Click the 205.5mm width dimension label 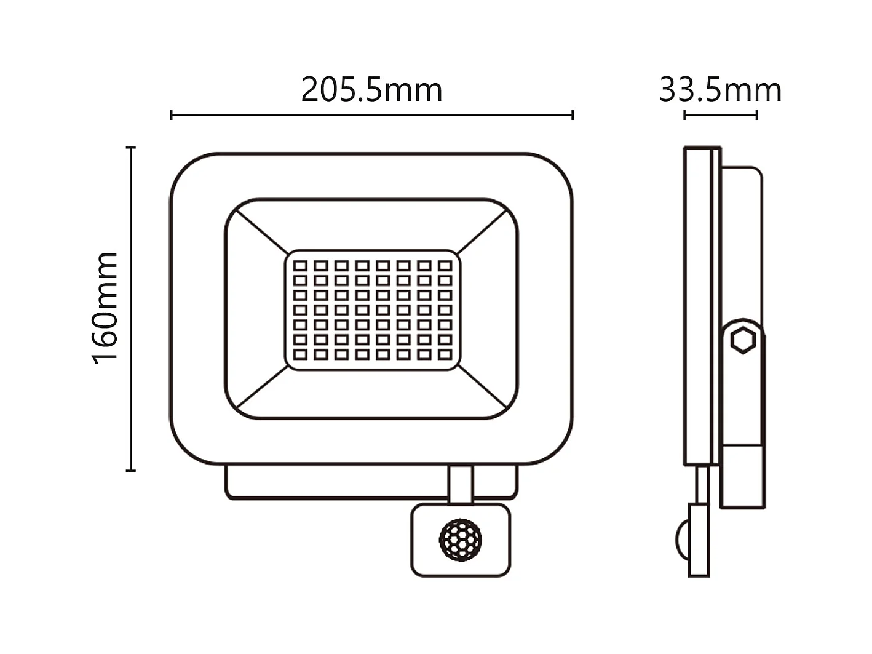point(371,90)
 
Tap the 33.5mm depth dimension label point(720,90)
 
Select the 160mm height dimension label point(105,308)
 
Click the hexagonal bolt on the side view point(743,340)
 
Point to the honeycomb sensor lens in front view point(460,540)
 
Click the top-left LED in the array point(300,266)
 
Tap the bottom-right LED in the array point(445,354)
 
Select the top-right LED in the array point(445,266)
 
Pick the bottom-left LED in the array point(300,354)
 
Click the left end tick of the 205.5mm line point(172,114)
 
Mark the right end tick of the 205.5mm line point(573,114)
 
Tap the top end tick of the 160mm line point(130,148)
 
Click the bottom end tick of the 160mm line point(130,471)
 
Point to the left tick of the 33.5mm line point(684,114)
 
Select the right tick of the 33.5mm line point(756,114)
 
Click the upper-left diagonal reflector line point(261,231)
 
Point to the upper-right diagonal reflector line point(483,231)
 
